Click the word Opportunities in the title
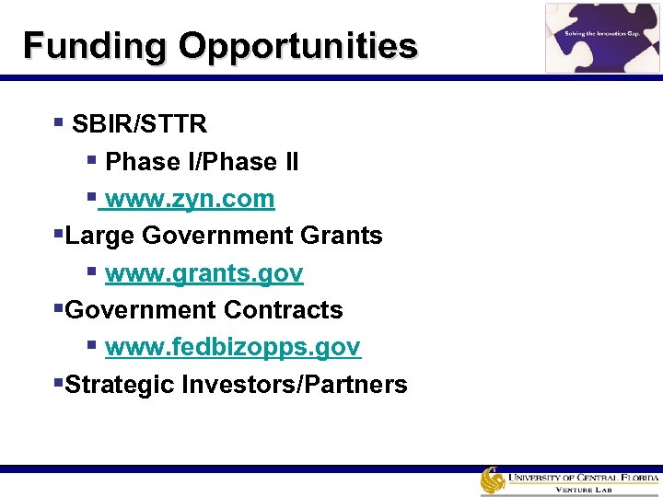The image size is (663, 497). point(298,45)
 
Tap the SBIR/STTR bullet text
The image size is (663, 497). point(139,123)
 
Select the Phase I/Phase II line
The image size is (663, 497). point(202,161)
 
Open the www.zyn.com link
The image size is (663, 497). point(190,199)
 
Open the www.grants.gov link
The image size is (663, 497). point(204,273)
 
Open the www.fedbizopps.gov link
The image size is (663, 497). point(233,347)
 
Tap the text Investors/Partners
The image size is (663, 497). point(295,384)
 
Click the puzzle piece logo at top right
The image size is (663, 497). point(602,38)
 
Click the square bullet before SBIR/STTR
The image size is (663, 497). point(58,121)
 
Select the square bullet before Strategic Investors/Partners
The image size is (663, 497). point(58,382)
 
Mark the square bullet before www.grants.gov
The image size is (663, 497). point(91,272)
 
